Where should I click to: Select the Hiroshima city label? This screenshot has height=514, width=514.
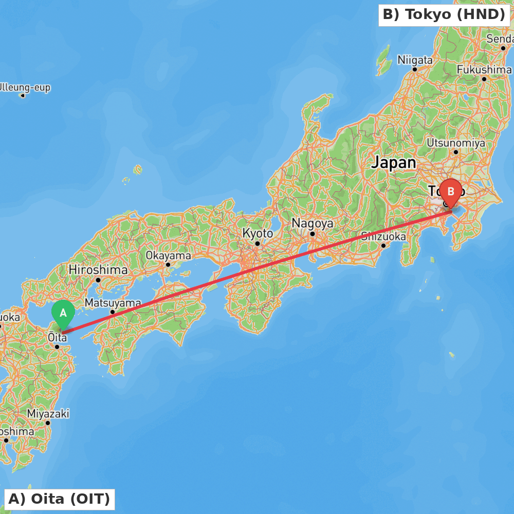(x=98, y=270)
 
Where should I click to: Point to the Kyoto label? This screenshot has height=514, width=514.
(x=258, y=233)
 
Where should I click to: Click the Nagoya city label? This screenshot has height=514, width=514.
(x=313, y=224)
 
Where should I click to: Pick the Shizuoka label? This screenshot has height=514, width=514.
(x=383, y=236)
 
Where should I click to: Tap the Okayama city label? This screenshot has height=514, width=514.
(x=168, y=255)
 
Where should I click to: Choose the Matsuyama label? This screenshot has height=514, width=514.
(x=113, y=303)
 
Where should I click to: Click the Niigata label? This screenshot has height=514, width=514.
(x=415, y=60)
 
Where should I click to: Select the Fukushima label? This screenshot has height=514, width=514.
(x=484, y=69)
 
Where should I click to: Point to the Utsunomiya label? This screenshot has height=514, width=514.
(x=456, y=143)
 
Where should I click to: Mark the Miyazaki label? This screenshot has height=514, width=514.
(x=48, y=414)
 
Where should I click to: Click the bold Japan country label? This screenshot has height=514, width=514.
(x=394, y=163)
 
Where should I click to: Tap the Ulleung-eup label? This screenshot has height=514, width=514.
(x=24, y=88)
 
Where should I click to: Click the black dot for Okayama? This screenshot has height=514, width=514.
(x=168, y=265)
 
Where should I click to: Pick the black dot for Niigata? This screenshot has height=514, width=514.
(x=415, y=69)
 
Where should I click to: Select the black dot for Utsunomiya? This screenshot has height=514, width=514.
(x=456, y=152)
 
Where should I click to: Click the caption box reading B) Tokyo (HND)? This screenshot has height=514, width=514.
(x=444, y=15)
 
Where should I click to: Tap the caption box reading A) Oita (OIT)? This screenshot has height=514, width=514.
(x=59, y=499)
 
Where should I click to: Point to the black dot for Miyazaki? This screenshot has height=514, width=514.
(x=48, y=423)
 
